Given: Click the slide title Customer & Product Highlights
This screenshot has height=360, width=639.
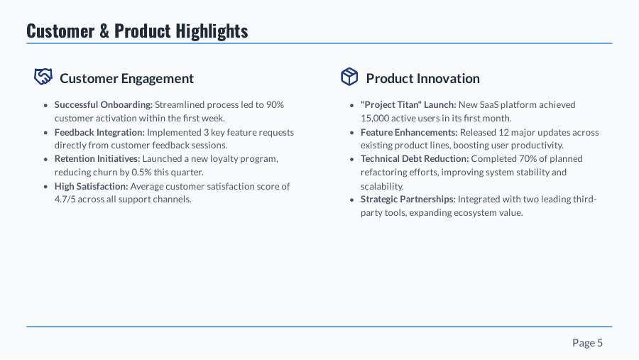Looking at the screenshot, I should point(137,31).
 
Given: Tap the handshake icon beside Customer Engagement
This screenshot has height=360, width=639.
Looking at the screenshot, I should point(43,77).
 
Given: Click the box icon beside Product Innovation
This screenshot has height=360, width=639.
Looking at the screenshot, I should point(349,77).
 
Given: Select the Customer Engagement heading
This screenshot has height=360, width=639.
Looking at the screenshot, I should point(126,78).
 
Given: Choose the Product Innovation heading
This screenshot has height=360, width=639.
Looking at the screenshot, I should point(422,78).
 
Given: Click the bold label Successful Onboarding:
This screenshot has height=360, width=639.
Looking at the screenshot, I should point(103,104).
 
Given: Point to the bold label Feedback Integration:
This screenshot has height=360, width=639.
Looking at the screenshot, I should point(99,132).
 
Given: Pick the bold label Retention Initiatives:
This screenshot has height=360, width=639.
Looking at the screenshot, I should point(97,158).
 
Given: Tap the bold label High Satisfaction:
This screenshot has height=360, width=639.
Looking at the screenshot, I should point(91,186).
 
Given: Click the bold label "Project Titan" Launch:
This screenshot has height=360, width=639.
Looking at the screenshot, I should point(408,104).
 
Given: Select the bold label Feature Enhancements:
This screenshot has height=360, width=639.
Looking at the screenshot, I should point(408,132).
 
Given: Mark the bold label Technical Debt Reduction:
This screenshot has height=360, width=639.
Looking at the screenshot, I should point(415,158).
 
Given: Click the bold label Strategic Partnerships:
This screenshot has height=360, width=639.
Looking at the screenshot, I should point(408,200).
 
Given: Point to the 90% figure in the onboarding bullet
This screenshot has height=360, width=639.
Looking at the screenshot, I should point(275,104).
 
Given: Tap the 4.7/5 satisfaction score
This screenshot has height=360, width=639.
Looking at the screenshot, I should point(66,200).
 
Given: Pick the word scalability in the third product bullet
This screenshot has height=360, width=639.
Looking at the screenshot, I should point(381,186).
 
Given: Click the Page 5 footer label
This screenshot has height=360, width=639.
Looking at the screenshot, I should point(587,343).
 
